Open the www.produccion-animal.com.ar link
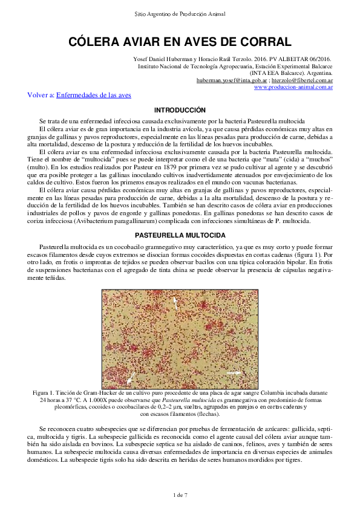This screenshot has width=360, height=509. click(x=293, y=87)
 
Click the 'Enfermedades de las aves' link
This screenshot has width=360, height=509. click(x=93, y=95)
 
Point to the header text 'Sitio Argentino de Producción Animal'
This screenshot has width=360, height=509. click(x=180, y=13)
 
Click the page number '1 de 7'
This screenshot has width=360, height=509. click(x=180, y=495)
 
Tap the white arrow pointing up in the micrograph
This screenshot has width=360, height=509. click(x=176, y=302)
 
